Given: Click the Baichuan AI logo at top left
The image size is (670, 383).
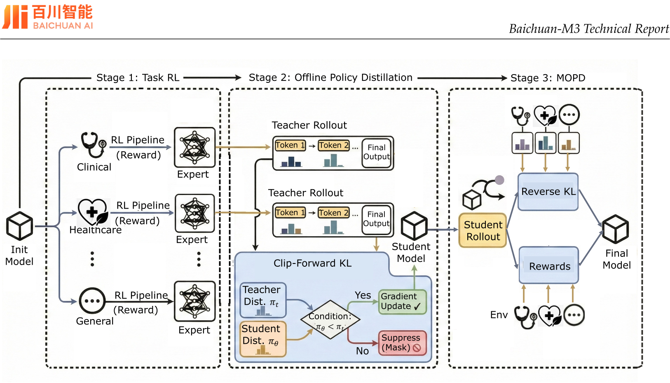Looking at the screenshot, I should (47, 17).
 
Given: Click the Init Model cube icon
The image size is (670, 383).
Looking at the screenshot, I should (19, 226).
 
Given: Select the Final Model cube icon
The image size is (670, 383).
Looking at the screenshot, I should (615, 229).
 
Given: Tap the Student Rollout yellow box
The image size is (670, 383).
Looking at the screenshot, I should (483, 230).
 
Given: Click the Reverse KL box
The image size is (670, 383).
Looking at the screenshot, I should (548, 192).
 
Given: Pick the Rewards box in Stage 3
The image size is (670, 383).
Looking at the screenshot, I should (549, 266).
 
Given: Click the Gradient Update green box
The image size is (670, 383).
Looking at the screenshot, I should (402, 301).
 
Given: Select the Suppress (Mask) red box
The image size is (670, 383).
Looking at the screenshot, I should (402, 343).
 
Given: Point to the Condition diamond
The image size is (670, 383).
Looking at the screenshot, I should (330, 320).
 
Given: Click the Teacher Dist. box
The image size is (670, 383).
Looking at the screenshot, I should (263, 300).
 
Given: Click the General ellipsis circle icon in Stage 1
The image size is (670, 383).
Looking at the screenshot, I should (92, 301).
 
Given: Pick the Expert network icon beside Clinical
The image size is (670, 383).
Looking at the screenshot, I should (194, 147).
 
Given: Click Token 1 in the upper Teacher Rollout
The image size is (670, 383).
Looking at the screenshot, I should (290, 145).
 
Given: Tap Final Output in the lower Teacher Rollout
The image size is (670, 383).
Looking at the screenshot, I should (376, 219).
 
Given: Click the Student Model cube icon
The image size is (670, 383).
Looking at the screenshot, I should (414, 226).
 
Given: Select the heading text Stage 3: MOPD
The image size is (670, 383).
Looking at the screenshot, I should (548, 78).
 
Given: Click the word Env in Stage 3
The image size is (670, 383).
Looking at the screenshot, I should (499, 315).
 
